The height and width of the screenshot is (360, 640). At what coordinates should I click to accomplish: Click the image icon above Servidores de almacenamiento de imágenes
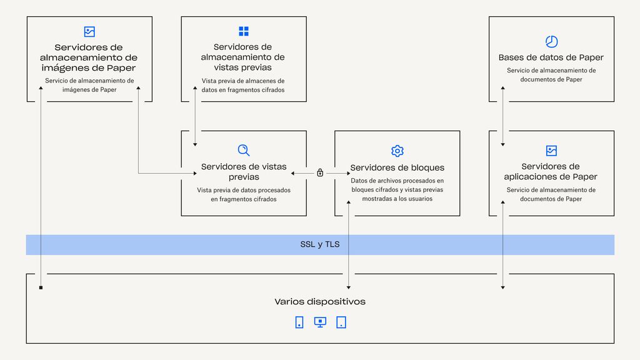[89, 31]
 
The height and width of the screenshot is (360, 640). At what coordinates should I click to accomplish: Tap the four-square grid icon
[244, 31]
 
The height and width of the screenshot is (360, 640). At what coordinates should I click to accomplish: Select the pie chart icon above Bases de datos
[551, 42]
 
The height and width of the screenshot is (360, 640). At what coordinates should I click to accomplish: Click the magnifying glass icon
[244, 150]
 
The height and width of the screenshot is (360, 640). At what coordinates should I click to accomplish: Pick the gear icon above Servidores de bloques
[397, 151]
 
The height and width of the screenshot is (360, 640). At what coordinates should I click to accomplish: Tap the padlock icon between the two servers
[320, 172]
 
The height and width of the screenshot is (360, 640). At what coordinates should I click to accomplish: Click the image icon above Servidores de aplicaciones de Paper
[551, 151]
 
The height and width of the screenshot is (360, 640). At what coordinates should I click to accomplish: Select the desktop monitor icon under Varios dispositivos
[320, 322]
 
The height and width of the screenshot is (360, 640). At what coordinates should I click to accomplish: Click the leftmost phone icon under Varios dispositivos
[299, 322]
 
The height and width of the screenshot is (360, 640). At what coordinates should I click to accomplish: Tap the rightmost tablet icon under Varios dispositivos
[341, 322]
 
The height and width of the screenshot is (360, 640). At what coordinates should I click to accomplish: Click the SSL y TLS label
[320, 244]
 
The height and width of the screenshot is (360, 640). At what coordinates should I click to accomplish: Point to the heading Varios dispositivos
[320, 302]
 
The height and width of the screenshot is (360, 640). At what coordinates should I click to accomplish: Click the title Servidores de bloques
[397, 167]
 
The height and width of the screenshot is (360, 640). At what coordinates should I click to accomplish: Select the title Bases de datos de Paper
[551, 57]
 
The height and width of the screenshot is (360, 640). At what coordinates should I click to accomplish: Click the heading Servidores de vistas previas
[244, 171]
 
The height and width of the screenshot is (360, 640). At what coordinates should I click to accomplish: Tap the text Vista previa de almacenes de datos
[243, 85]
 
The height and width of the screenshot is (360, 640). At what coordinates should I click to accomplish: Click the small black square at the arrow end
[41, 287]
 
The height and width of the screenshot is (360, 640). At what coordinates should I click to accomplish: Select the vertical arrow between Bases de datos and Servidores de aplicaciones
[503, 116]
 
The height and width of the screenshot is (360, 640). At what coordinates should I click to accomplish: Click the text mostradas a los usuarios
[397, 199]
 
